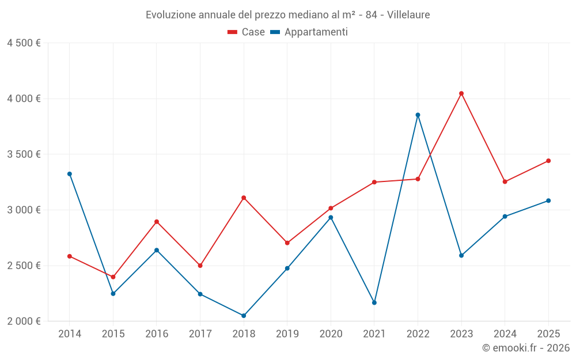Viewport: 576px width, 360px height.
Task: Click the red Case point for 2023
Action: pos(461,93)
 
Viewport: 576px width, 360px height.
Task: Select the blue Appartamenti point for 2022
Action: pos(418,115)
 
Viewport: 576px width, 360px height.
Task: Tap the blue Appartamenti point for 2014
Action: pos(70,174)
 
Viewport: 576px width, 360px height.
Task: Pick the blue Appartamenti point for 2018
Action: pos(244,316)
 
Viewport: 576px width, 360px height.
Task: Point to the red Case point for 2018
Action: pos(244,198)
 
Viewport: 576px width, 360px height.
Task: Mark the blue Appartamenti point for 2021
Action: pos(374,302)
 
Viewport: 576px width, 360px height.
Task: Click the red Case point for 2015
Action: pos(113,277)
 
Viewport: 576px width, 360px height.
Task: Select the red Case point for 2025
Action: pos(548,161)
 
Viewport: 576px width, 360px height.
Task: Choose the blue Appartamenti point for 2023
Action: pos(461,255)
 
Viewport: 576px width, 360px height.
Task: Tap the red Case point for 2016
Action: pos(157,222)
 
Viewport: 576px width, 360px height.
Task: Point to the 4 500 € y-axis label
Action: pos(24,43)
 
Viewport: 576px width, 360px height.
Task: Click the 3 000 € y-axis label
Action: pos(24,210)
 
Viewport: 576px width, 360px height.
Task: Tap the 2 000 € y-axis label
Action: pos(24,321)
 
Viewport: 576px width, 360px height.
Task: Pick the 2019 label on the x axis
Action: pos(287,334)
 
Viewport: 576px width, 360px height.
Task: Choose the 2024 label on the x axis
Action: pos(505,334)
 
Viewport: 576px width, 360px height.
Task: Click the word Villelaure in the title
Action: pos(408,14)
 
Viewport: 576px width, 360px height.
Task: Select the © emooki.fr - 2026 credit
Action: pos(525,348)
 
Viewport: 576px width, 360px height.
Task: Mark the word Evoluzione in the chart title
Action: pos(170,14)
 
